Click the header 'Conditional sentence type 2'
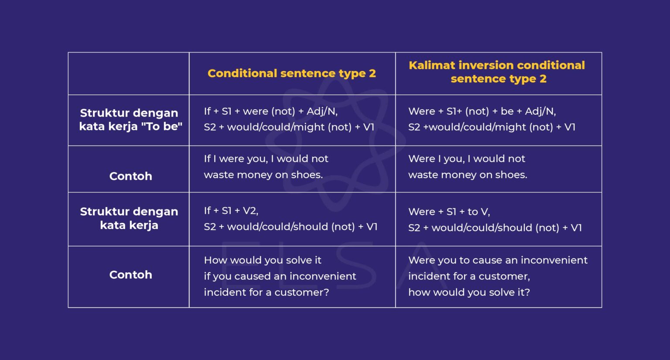coord(291,73)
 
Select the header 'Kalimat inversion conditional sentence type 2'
coord(497,72)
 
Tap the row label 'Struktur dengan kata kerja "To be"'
coord(129,120)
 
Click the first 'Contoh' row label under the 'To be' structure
coord(130,176)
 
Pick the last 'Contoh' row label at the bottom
coord(130,274)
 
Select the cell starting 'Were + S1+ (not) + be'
coord(492,119)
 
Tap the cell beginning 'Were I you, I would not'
coord(467,167)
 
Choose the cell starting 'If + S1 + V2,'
coord(290,219)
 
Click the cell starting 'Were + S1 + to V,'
coord(495,219)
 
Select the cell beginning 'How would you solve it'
coord(280,276)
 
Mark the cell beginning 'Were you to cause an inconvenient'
coord(497,276)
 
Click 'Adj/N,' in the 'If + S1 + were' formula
coord(322,111)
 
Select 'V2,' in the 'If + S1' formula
coord(250,211)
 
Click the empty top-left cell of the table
coord(129,74)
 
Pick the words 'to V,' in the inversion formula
coord(479,212)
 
